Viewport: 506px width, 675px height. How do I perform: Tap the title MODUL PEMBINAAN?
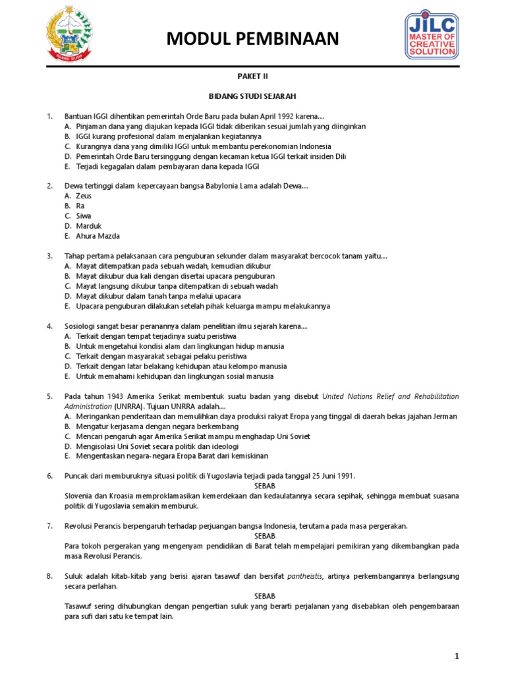253,40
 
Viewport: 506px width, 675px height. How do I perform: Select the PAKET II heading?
253,76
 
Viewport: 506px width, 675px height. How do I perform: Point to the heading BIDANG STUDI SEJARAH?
253,96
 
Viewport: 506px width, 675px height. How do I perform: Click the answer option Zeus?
84,196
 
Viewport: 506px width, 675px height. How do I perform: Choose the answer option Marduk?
89,226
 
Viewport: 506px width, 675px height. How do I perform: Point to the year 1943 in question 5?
115,396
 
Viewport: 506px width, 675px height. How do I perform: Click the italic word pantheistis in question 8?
306,576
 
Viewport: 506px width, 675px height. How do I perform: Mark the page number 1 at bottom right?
456,657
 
